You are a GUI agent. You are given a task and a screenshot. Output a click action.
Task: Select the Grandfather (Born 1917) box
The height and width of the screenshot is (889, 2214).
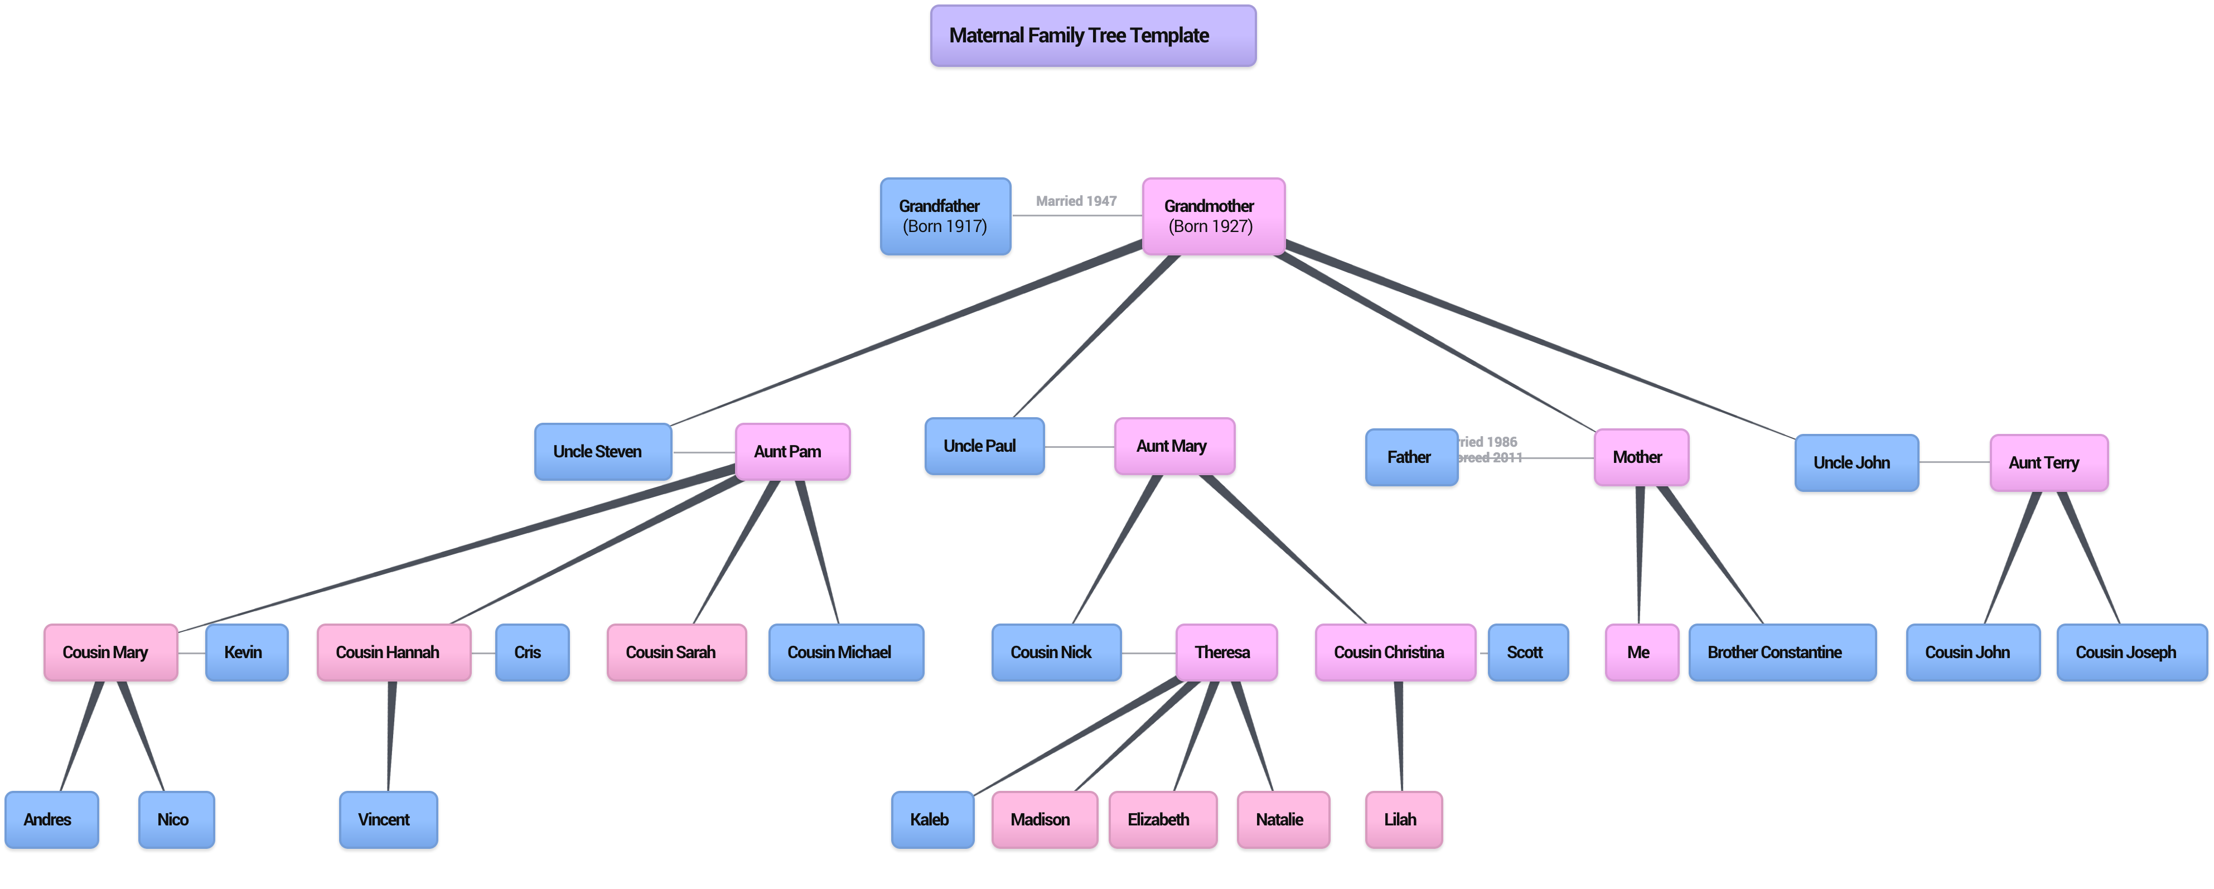945,216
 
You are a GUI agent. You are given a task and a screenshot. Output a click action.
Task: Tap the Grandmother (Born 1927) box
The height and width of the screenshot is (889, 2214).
1213,216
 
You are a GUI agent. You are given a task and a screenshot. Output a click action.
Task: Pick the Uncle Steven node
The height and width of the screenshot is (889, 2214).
602,451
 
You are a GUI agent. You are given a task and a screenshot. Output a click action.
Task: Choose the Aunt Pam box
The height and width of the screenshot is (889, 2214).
791,451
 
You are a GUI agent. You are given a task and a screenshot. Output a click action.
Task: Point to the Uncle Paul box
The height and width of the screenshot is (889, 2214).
984,446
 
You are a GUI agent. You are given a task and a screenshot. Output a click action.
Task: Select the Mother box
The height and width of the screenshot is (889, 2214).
1640,457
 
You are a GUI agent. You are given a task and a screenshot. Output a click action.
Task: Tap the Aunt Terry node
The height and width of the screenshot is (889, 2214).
2048,462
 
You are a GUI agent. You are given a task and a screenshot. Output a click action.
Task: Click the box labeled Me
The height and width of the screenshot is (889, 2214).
1641,653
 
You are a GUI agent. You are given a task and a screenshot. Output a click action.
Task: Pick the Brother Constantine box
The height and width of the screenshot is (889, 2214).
1782,653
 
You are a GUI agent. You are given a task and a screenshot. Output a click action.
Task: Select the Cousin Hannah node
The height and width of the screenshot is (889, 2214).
393,653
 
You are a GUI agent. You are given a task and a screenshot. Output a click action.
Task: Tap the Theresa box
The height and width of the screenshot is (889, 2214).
1226,653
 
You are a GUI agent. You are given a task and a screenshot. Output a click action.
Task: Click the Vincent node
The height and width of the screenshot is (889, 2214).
388,819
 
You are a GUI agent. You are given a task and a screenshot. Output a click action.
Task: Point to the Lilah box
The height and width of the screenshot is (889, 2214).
1403,819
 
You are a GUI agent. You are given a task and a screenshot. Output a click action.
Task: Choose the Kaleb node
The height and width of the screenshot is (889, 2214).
932,819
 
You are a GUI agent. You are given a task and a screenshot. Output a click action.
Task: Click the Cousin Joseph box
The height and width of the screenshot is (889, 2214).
2131,653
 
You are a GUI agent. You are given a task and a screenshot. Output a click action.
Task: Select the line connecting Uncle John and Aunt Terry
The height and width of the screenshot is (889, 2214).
1954,462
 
